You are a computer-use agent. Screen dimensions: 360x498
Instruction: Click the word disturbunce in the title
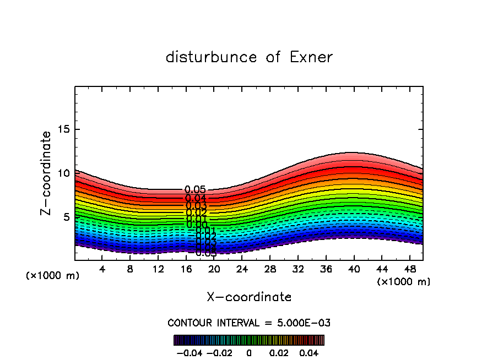(x=212, y=57)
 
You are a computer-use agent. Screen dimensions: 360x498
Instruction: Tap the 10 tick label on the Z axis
(x=63, y=173)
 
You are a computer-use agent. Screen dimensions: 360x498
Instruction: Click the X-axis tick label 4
(x=102, y=269)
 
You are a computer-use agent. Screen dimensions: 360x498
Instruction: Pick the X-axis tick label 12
(x=158, y=269)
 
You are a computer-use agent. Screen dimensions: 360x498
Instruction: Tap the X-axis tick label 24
(x=242, y=269)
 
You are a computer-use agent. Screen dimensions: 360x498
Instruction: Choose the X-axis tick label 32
(x=297, y=269)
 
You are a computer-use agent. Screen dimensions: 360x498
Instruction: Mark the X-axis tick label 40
(x=353, y=269)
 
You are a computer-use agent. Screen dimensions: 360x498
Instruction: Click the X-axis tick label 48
(x=409, y=269)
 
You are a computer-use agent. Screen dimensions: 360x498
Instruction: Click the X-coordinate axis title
(x=249, y=297)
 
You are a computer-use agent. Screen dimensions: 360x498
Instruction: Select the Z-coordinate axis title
(x=46, y=173)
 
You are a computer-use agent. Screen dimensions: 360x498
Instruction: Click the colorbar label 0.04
(x=310, y=352)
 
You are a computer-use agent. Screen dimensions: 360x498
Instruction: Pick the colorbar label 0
(x=249, y=352)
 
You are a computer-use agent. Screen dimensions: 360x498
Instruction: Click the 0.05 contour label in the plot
(x=195, y=190)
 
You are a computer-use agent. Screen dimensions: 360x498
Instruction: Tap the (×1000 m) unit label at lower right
(x=404, y=282)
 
